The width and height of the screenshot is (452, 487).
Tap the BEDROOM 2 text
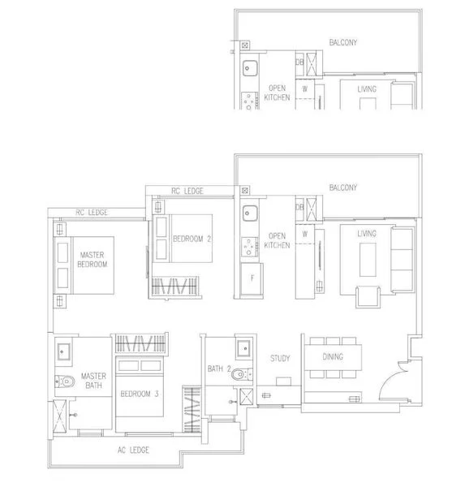pyautogui.click(x=192, y=238)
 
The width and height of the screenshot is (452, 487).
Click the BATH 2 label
pyautogui.click(x=220, y=368)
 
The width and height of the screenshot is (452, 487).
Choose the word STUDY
pyautogui.click(x=280, y=357)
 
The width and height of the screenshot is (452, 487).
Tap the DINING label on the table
pyautogui.click(x=333, y=357)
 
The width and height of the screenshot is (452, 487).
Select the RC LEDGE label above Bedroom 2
pyautogui.click(x=187, y=192)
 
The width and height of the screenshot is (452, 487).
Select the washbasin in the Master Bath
pyautogui.click(x=65, y=352)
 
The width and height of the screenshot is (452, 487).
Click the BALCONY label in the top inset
pyautogui.click(x=344, y=41)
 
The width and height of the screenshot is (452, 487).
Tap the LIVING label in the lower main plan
pyautogui.click(x=367, y=234)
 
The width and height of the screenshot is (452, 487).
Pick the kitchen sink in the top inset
pyautogui.click(x=251, y=67)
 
